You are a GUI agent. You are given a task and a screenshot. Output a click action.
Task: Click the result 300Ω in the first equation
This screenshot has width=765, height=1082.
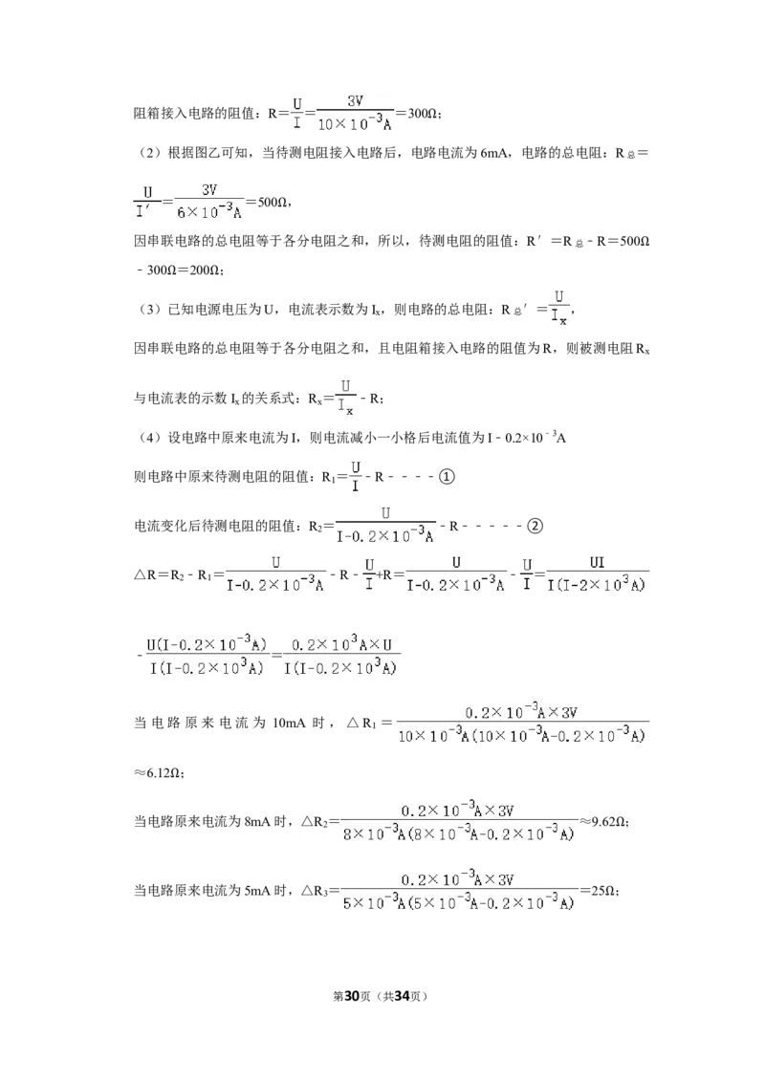coord(421,113)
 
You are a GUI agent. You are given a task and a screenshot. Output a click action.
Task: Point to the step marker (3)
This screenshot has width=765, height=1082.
coord(150,309)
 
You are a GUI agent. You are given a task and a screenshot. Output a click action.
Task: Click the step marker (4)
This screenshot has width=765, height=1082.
coord(150,438)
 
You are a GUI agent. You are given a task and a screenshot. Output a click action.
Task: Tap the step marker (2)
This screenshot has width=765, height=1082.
coord(150,153)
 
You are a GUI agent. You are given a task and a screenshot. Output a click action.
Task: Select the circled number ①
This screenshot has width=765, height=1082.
coord(447,476)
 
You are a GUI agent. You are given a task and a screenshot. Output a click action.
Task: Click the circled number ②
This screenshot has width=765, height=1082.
coord(535,526)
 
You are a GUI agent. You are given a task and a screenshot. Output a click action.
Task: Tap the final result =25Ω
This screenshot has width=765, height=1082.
coord(599,890)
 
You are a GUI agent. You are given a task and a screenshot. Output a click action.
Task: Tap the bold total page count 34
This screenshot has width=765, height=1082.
coord(401,996)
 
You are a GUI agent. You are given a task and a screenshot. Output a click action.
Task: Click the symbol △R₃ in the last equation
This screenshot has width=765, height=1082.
coord(315,891)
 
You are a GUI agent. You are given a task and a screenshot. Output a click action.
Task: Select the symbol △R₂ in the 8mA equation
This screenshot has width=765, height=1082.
coord(315,822)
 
